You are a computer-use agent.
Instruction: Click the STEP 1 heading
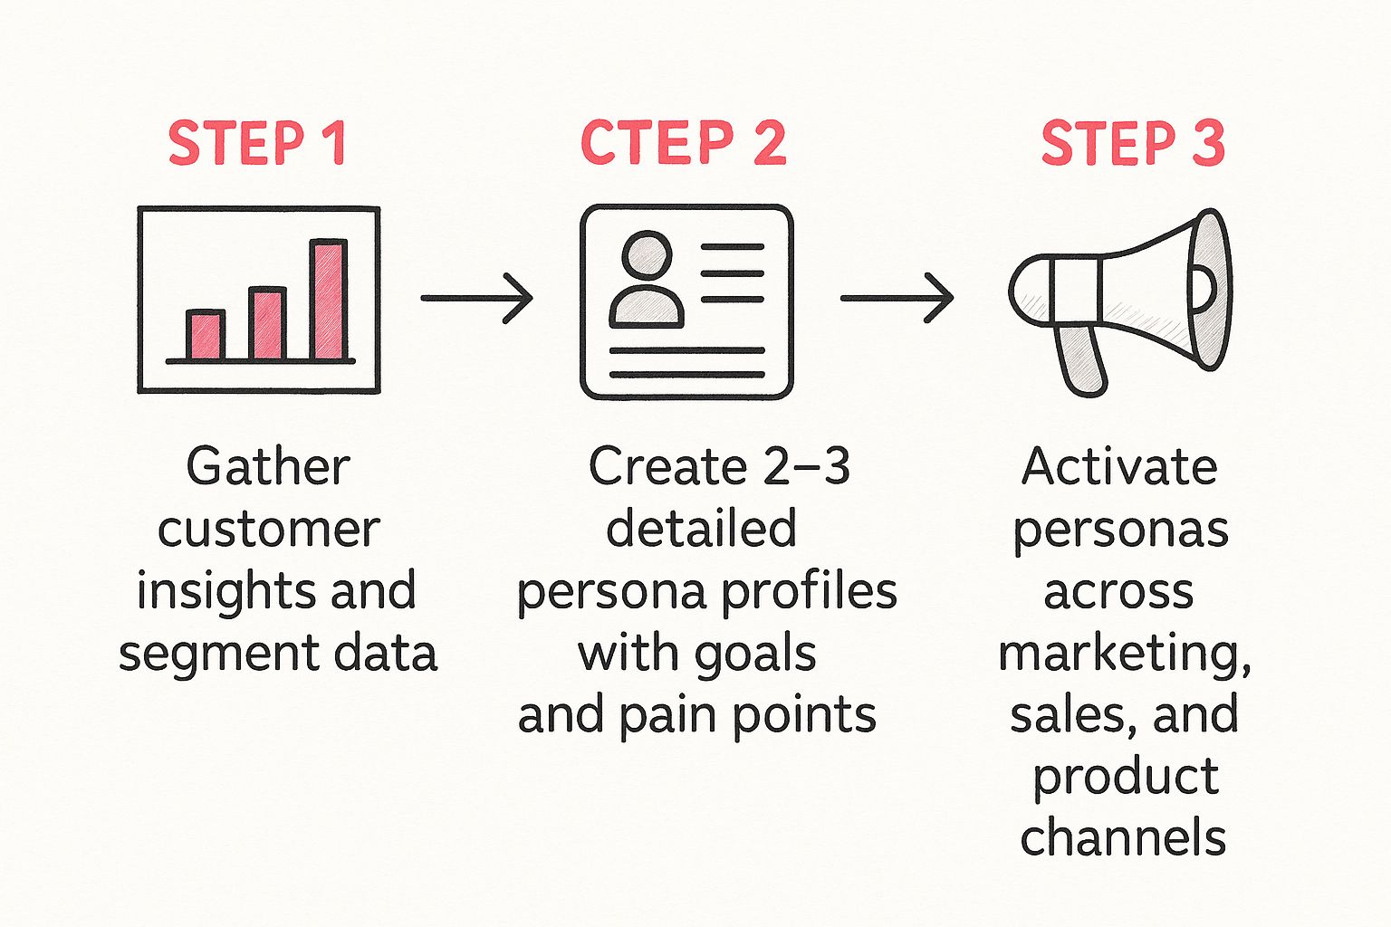pyautogui.click(x=257, y=143)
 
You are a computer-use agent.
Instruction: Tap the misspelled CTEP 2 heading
pyautogui.click(x=683, y=143)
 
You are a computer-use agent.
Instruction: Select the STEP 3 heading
pyautogui.click(x=1132, y=143)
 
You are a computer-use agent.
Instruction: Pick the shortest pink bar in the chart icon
pyautogui.click(x=206, y=336)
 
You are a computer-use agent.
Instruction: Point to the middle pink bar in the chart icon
pyautogui.click(x=267, y=324)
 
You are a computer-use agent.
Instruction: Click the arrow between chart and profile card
pyautogui.click(x=477, y=298)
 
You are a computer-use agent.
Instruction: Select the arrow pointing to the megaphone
pyautogui.click(x=897, y=298)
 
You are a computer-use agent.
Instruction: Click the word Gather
pyautogui.click(x=268, y=468)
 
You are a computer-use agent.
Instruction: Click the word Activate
pyautogui.click(x=1119, y=468)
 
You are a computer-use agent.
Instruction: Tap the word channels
pyautogui.click(x=1123, y=837)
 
